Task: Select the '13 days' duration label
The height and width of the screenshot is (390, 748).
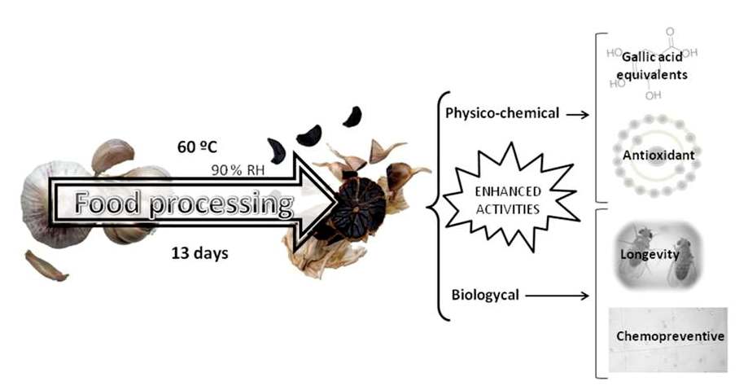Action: pos(199,252)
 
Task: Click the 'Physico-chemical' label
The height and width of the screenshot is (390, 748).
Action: pos(502,113)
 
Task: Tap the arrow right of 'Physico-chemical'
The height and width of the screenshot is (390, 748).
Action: pos(577,114)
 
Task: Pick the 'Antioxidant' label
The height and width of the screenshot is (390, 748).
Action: pos(654,154)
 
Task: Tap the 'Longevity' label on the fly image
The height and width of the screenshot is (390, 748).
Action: pos(650,255)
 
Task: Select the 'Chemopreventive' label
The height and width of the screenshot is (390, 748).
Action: pos(667,335)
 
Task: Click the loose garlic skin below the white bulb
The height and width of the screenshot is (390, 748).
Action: pos(46,265)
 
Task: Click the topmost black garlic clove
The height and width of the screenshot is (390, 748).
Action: pos(352,116)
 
